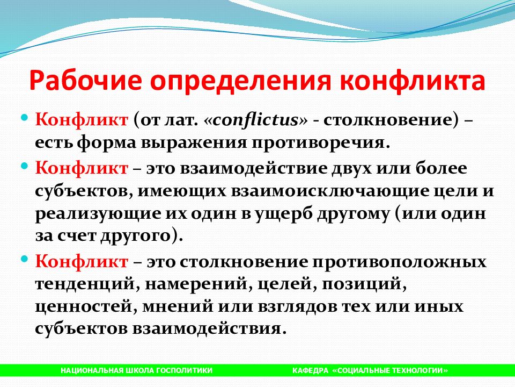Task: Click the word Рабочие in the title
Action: pyautogui.click(x=85, y=81)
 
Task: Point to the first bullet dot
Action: pyautogui.click(x=25, y=117)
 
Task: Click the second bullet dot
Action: pyautogui.click(x=25, y=166)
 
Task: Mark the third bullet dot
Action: pyautogui.click(x=25, y=259)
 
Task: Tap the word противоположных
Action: pyautogui.click(x=399, y=262)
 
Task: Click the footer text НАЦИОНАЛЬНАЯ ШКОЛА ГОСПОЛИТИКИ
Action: pyautogui.click(x=137, y=370)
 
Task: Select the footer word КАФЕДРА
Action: pyautogui.click(x=310, y=370)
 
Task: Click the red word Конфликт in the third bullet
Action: pyautogui.click(x=82, y=262)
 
